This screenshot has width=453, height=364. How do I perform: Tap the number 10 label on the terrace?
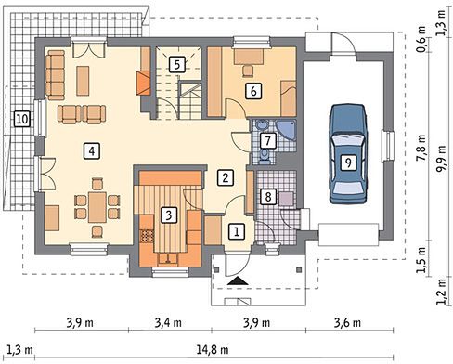[x=22, y=119]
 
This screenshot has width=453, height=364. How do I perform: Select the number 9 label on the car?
[x=348, y=162]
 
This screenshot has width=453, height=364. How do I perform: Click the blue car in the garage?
[x=348, y=154]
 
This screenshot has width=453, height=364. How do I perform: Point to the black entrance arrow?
[x=238, y=280]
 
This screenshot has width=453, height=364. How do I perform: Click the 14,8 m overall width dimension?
[x=213, y=350]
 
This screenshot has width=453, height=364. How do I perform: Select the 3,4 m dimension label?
[x=168, y=323]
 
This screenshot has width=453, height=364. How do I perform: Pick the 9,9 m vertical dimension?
[x=443, y=158]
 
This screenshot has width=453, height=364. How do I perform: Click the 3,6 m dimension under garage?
[x=347, y=323]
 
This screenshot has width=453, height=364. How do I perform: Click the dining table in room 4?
[x=97, y=207]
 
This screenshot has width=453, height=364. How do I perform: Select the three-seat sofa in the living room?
[x=56, y=75]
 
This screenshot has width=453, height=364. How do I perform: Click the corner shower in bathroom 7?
[x=286, y=132]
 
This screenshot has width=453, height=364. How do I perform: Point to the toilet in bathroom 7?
[x=264, y=156]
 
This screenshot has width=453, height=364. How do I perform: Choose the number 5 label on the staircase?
[x=177, y=65]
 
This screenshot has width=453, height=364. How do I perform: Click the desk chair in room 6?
[x=248, y=71]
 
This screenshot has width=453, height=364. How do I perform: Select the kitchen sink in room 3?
[x=168, y=259]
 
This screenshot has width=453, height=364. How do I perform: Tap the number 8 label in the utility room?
[x=268, y=196]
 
